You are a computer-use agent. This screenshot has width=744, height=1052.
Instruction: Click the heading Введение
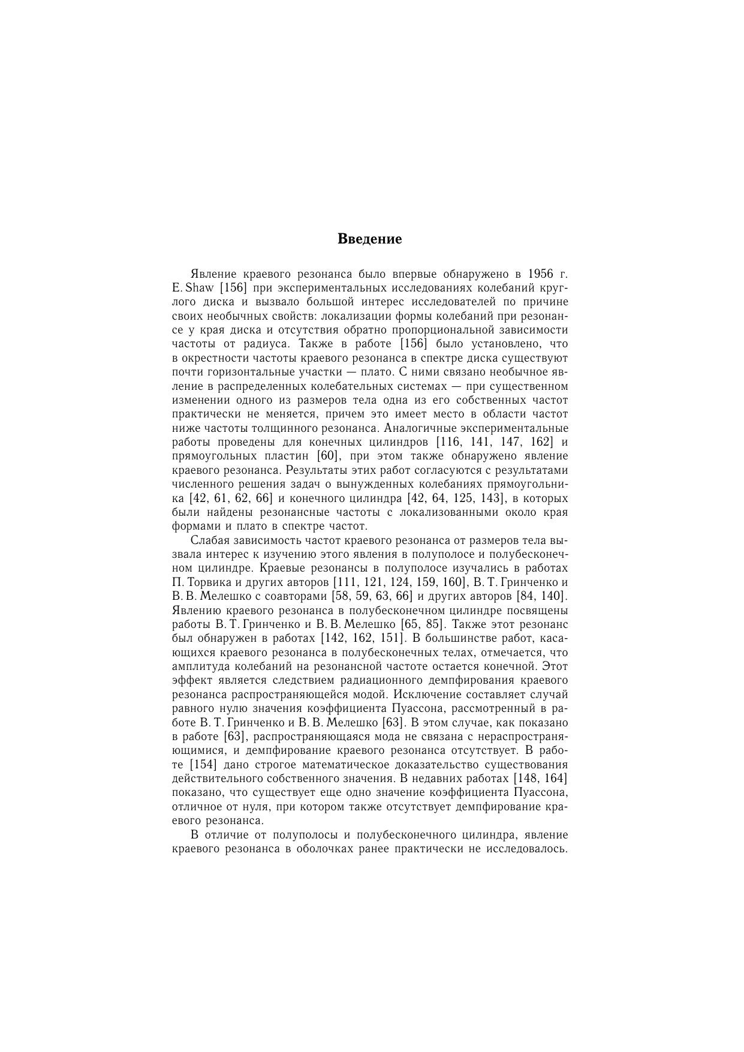coord(369,239)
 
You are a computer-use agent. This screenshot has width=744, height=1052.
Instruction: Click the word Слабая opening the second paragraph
coord(208,540)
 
